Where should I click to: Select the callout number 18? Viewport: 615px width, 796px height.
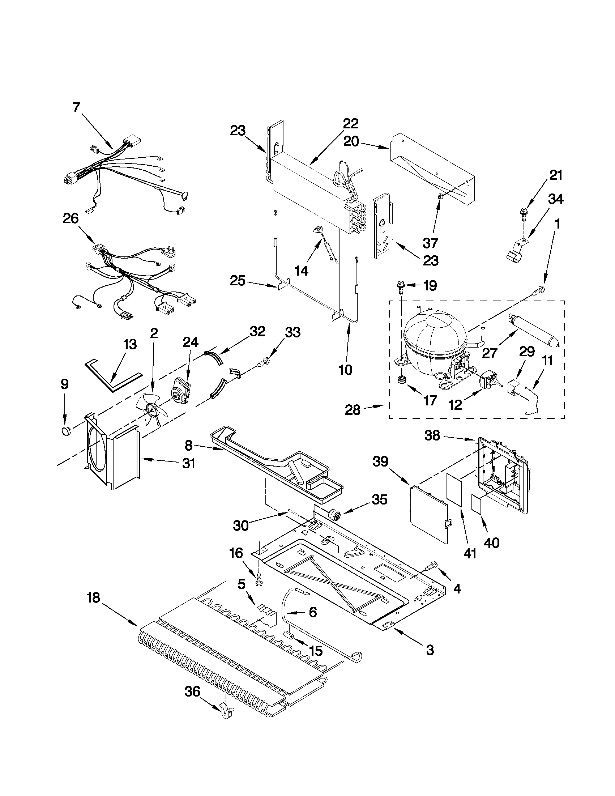coord(94,598)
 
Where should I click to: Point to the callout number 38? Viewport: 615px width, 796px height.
coord(432,435)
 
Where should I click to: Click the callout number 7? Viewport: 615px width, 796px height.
coord(76,108)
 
